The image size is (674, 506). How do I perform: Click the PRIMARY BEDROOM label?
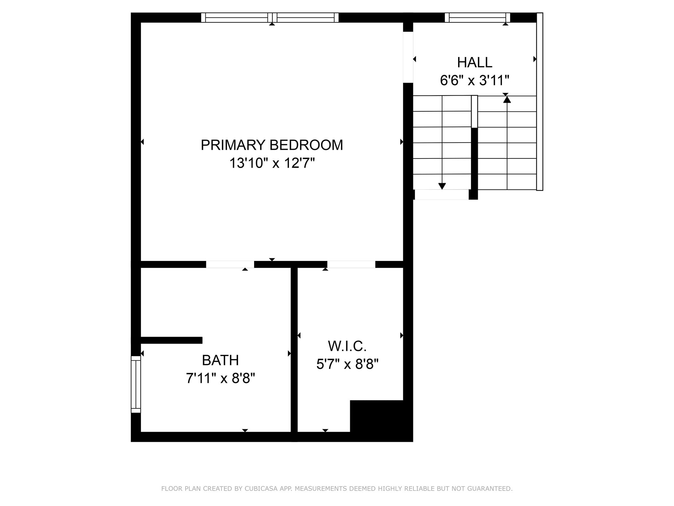[272, 145]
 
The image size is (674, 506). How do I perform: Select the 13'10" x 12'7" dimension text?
[272, 163]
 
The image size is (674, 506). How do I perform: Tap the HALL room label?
[475, 62]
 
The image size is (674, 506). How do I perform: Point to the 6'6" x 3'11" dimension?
[475, 80]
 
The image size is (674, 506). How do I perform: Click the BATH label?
[220, 360]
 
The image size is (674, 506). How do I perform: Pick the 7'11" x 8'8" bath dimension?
[220, 378]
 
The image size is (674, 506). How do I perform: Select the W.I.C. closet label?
[347, 346]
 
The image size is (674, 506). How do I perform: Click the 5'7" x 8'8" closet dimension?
[347, 364]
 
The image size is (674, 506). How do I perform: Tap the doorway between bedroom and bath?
[230, 264]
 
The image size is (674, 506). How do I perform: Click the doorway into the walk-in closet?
[351, 264]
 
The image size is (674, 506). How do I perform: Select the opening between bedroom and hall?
[408, 57]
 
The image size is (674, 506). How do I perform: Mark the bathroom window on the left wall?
[136, 384]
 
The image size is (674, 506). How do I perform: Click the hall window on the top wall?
[477, 17]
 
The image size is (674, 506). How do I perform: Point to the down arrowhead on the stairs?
[442, 186]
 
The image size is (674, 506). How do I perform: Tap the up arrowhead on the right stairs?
[507, 99]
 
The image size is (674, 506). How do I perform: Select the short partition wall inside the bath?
[171, 340]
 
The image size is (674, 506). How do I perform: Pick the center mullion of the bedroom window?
[272, 17]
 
